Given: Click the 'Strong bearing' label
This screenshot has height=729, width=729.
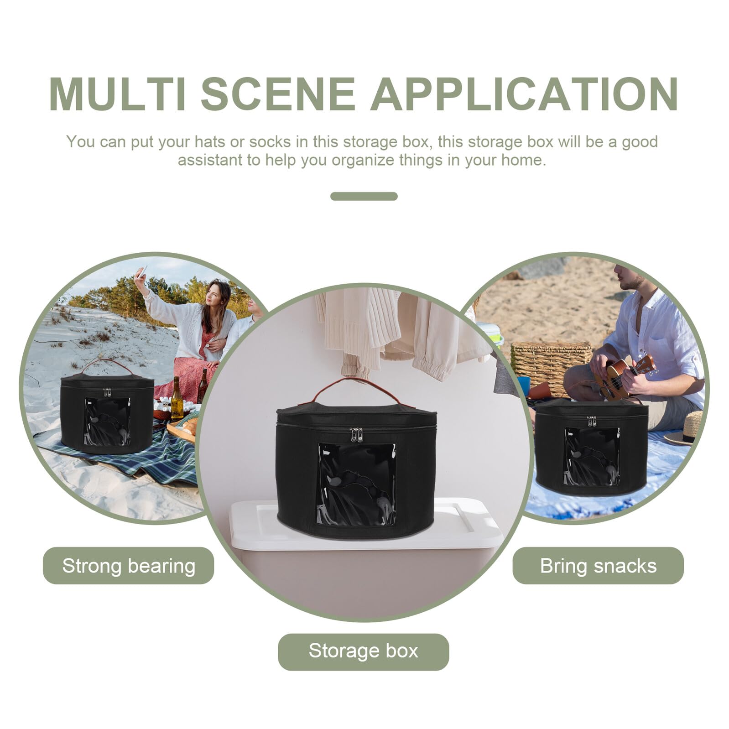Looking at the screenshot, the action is pyautogui.click(x=128, y=566).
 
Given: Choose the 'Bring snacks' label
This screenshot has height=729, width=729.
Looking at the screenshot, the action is pyautogui.click(x=598, y=566).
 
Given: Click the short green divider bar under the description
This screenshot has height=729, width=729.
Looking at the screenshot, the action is pyautogui.click(x=364, y=196).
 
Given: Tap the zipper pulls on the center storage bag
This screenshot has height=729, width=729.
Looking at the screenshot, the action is pyautogui.click(x=356, y=435).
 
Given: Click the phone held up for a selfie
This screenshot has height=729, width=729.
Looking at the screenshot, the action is pyautogui.click(x=141, y=272).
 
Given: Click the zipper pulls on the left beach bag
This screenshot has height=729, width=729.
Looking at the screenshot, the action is pyautogui.click(x=107, y=392).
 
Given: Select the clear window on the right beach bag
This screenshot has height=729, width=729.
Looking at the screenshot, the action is pyautogui.click(x=592, y=456).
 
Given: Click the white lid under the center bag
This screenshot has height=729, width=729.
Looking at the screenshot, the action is pyautogui.click(x=365, y=525).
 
